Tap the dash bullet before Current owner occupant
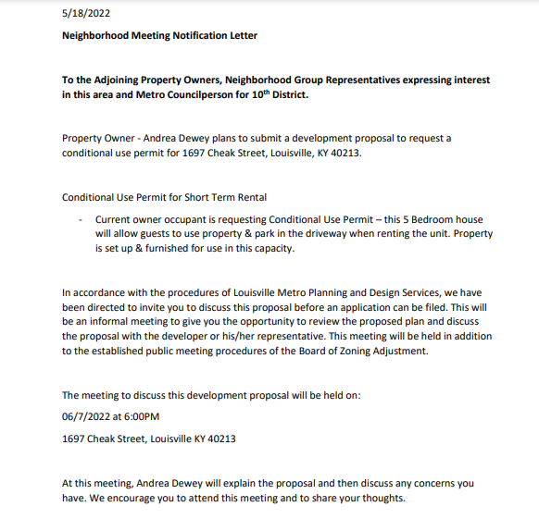(x=81, y=219)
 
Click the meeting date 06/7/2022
(x=90, y=416)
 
